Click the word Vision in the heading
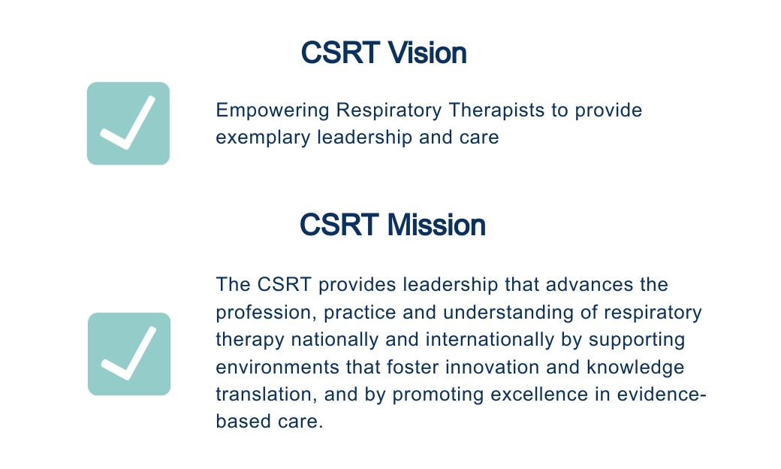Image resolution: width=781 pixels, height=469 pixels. point(427,53)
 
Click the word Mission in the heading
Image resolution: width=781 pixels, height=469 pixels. point(436,225)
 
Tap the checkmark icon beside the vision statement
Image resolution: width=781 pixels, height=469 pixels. point(128,123)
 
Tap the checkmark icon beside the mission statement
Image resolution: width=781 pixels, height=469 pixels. point(129,354)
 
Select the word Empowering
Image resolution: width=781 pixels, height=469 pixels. point(273,110)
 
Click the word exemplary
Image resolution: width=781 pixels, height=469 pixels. point(263,138)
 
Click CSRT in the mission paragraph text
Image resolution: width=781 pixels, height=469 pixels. point(285,285)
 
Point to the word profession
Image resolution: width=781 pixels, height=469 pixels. point(267,313)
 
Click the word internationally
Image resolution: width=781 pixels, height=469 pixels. point(490,340)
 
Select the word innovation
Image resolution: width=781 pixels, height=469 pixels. point(492,368)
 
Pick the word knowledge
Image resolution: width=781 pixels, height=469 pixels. point(635,368)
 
